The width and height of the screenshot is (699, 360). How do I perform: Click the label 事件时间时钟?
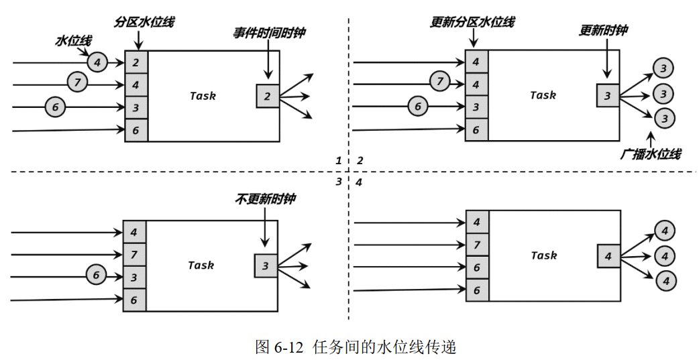pyautogui.click(x=269, y=33)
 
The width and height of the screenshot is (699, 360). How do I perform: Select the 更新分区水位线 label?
pyautogui.click(x=472, y=22)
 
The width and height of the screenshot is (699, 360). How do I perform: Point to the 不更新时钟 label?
pyautogui.click(x=265, y=199)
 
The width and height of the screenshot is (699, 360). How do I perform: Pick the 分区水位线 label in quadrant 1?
pyautogui.click(x=144, y=22)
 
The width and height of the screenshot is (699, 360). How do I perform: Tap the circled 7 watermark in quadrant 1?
pyautogui.click(x=78, y=84)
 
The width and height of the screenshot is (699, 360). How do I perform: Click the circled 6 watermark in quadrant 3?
pyautogui.click(x=97, y=274)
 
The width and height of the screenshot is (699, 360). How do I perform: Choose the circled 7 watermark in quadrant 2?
pyautogui.click(x=439, y=82)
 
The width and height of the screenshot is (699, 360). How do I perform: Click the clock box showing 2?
pyautogui.click(x=267, y=96)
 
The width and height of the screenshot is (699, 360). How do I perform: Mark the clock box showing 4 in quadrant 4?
pyautogui.click(x=608, y=256)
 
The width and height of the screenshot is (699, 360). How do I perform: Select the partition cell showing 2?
pyautogui.click(x=136, y=63)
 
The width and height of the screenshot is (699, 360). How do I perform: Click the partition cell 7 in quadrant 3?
pyautogui.click(x=134, y=255)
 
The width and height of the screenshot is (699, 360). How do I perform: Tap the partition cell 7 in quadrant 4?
pyautogui.click(x=477, y=245)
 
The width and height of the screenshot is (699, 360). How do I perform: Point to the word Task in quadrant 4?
pyautogui.click(x=543, y=255)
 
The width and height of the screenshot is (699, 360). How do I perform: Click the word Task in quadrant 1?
pyautogui.click(x=203, y=96)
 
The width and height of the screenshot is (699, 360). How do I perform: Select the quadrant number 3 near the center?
pyautogui.click(x=339, y=182)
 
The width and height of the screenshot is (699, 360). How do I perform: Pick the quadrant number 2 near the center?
pyautogui.click(x=360, y=161)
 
